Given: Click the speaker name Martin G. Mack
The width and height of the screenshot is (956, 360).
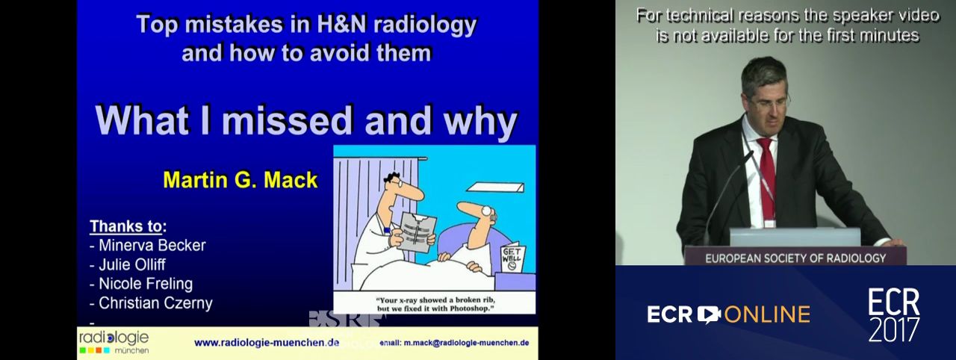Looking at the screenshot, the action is coord(240,180).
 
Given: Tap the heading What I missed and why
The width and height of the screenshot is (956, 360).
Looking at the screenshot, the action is coord(306,121).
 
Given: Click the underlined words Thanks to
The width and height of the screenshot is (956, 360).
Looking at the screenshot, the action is coord(126,226).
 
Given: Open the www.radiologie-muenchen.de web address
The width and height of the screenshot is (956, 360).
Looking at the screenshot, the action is coord(267,343).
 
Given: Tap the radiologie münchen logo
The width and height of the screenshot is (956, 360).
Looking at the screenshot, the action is coord(114,343).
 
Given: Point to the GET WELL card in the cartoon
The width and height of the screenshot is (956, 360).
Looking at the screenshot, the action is coord(512,258).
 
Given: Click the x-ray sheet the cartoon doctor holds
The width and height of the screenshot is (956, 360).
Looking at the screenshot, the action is coord(417,233).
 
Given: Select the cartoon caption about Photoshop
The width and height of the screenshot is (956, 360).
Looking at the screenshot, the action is coord(435,304).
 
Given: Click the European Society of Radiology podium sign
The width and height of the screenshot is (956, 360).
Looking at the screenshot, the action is coord(795,258).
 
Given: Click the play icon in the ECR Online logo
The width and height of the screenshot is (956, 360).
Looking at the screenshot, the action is coord(709,314).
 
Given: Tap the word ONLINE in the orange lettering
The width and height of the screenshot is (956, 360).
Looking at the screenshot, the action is coord(767,314).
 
